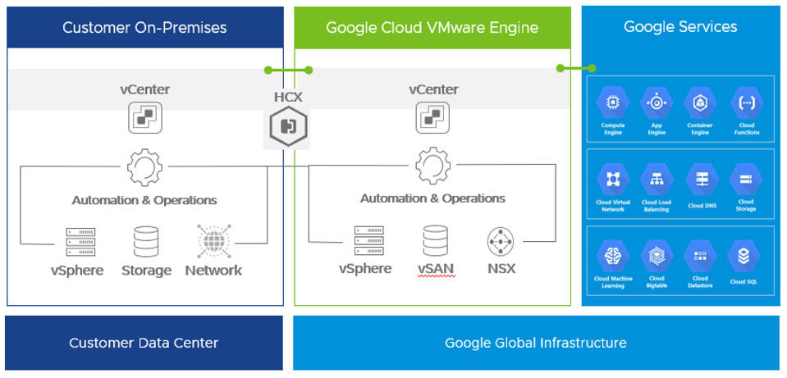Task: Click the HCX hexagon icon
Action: [x=288, y=125]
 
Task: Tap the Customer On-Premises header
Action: [x=144, y=28]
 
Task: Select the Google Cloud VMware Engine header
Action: [x=432, y=28]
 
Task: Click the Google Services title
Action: [x=680, y=27]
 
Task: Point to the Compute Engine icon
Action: [x=613, y=103]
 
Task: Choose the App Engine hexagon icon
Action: [x=657, y=103]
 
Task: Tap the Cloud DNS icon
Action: [x=702, y=180]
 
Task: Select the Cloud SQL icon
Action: [x=743, y=257]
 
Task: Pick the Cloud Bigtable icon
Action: [x=657, y=257]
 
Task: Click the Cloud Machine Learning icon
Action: [x=612, y=257]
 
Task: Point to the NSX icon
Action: [x=501, y=241]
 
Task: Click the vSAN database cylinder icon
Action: [x=434, y=241]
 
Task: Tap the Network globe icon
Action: [x=213, y=242]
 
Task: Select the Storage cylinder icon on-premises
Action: [x=146, y=242]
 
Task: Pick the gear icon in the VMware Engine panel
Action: [x=432, y=167]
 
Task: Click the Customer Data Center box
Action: [x=144, y=343]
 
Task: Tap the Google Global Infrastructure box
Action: [x=535, y=343]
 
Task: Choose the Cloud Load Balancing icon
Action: [x=657, y=180]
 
